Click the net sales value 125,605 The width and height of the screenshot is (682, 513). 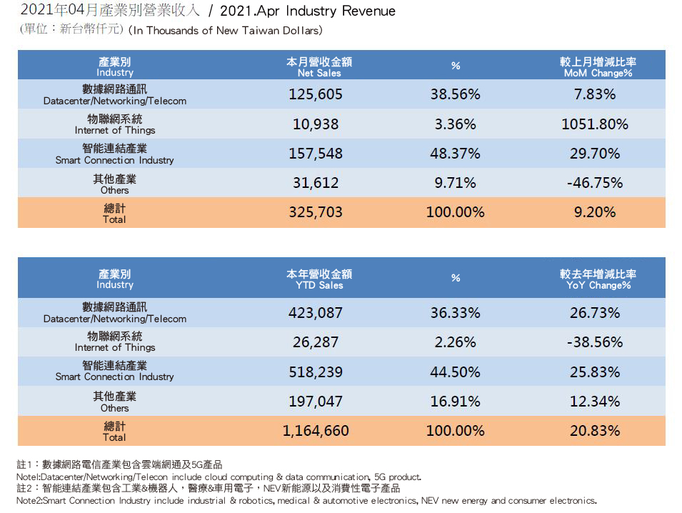tap(316, 94)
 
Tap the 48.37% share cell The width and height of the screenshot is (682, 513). tap(455, 154)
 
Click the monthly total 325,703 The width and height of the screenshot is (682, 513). tap(316, 212)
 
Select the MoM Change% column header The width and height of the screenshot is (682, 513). tap(598, 67)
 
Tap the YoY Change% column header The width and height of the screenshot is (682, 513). tap(598, 279)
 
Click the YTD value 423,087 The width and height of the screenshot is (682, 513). tap(316, 313)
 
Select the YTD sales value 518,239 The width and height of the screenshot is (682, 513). tap(316, 372)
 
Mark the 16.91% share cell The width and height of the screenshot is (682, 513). tap(455, 402)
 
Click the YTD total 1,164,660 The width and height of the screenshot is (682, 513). tap(316, 431)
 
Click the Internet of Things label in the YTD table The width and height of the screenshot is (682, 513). tap(115, 342)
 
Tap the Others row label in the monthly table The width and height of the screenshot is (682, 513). tap(115, 184)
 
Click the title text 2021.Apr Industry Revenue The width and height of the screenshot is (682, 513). tap(308, 11)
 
